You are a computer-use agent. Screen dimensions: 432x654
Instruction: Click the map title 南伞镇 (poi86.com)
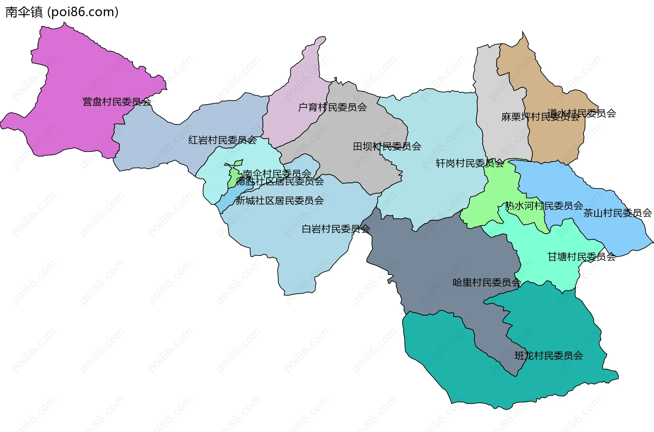[x=62, y=12]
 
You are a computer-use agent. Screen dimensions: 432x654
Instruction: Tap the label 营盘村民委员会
[x=117, y=102]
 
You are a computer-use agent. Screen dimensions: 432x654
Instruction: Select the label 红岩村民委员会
[x=222, y=140]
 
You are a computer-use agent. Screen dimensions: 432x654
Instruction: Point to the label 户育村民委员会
[x=332, y=107]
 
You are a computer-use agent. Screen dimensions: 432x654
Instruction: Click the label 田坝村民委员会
[x=387, y=147]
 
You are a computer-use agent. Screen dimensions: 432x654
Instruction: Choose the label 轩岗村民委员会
[x=470, y=164]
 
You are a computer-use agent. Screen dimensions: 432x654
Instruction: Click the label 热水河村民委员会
[x=544, y=206]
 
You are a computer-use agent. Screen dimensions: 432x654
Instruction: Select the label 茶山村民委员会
[x=618, y=213]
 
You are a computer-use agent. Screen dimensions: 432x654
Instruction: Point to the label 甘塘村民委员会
[x=581, y=257]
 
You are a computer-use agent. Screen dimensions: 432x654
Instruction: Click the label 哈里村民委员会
[x=487, y=283]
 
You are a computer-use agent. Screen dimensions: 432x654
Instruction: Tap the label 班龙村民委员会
[x=549, y=356]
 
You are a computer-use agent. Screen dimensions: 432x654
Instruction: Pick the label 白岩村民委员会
[x=336, y=229]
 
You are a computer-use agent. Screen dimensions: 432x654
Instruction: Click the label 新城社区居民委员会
[x=279, y=201]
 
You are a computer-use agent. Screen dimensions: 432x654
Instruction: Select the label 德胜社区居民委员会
[x=280, y=182]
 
